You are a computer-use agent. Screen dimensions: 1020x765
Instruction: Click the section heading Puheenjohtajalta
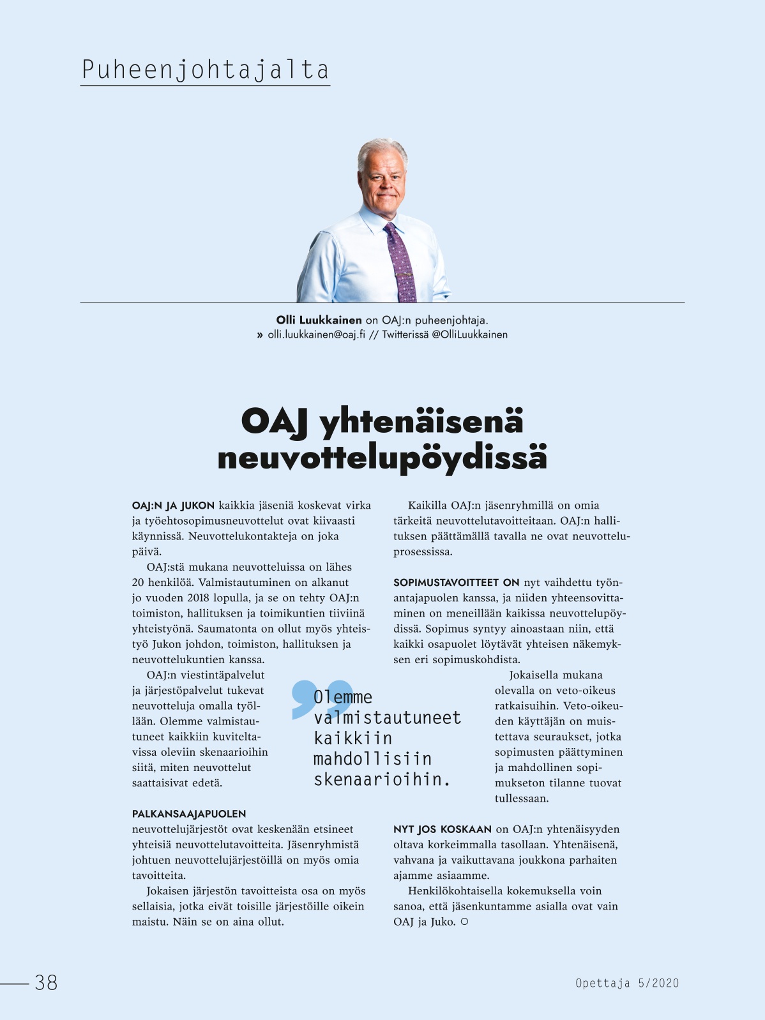(x=205, y=70)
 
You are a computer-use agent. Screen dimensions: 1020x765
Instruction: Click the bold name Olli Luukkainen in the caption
(x=319, y=320)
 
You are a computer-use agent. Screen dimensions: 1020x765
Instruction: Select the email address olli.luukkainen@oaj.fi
(x=316, y=334)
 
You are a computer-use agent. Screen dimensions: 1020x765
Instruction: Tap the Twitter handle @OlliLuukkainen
(x=469, y=334)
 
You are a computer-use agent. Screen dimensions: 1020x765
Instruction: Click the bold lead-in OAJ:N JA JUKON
(x=173, y=506)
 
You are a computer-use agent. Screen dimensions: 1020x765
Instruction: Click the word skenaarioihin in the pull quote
(x=381, y=779)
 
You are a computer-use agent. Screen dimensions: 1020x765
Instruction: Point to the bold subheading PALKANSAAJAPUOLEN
(x=189, y=814)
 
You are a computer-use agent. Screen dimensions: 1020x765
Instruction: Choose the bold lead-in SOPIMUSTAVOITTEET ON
(x=456, y=583)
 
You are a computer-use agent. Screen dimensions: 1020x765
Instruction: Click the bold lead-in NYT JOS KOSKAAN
(x=442, y=829)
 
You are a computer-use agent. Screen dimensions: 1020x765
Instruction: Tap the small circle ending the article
(x=464, y=922)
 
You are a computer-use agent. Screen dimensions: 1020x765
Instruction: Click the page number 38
(x=46, y=982)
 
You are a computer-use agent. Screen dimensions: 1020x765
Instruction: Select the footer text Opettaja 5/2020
(x=626, y=983)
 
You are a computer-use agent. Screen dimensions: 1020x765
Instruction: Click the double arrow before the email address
(x=260, y=334)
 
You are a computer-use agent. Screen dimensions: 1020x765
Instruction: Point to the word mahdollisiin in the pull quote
(x=372, y=759)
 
